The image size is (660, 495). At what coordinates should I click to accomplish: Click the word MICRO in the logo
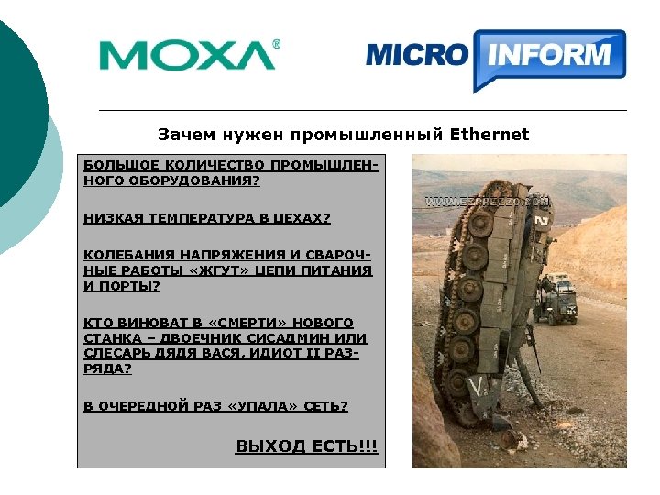point(417,55)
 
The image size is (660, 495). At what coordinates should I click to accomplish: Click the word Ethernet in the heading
point(489,135)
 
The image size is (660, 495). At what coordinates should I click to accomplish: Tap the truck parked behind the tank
point(556,299)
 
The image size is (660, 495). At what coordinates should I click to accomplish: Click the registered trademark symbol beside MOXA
point(277,43)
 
